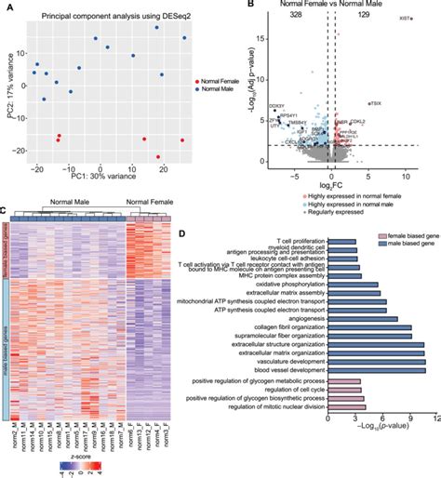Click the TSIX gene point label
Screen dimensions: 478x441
[x=376, y=103]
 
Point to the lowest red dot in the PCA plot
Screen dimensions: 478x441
[x=159, y=157]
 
